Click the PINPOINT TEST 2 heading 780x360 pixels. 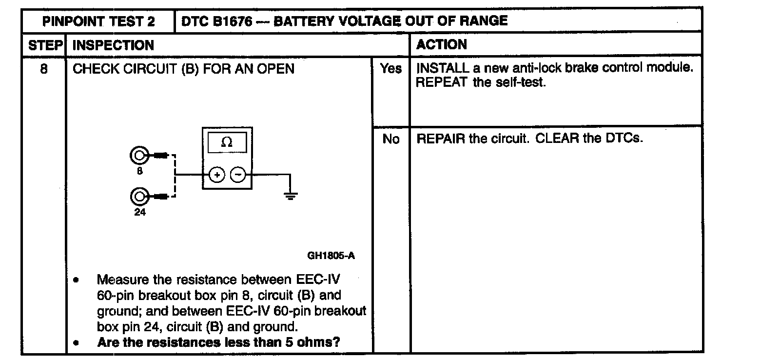point(98,21)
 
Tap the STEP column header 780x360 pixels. point(45,45)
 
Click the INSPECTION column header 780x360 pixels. point(113,45)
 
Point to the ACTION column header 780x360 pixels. point(441,45)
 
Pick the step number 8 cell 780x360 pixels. point(44,69)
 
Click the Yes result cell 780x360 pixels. point(391,69)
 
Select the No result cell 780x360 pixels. point(391,139)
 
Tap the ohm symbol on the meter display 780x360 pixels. point(227,142)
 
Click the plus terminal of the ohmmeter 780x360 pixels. point(217,175)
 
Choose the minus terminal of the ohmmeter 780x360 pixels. point(238,175)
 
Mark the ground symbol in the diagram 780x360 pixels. point(291,196)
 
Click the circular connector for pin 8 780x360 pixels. point(139,156)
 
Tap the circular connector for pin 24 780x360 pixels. point(139,197)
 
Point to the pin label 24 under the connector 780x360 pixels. point(140,212)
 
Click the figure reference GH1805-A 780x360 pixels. point(331,255)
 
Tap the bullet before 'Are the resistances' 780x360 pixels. point(76,342)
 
